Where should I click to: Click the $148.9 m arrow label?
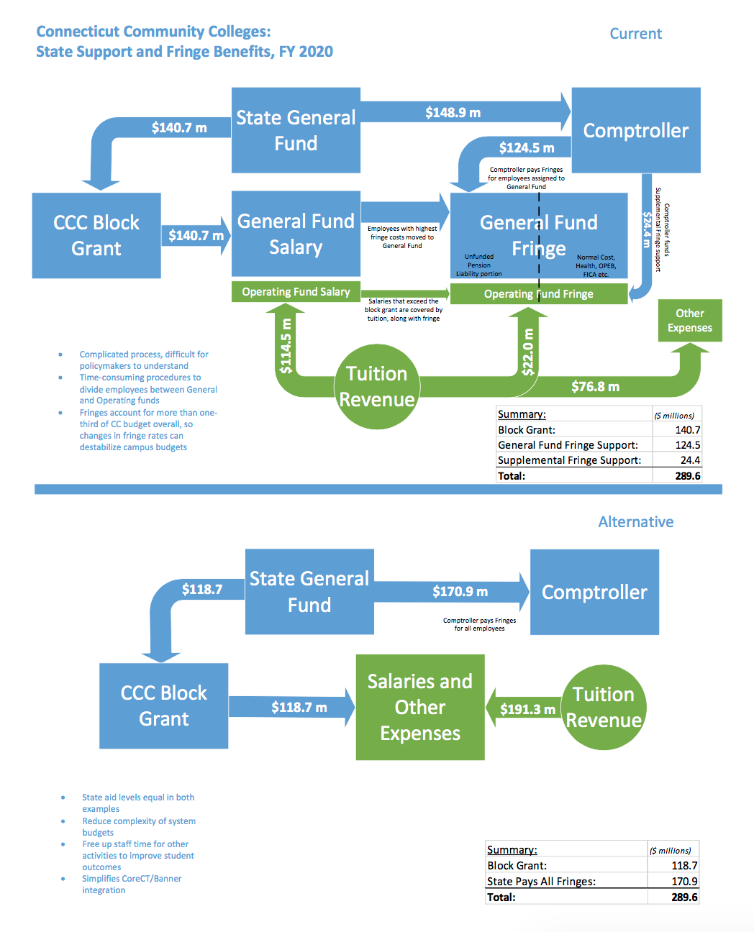coord(453,112)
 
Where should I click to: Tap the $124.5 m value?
coord(527,147)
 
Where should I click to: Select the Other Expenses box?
coord(689,320)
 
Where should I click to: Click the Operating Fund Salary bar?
coord(296,291)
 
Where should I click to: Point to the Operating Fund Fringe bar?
coord(538,293)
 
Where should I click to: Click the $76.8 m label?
coord(595,386)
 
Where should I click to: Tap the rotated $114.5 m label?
coord(286,346)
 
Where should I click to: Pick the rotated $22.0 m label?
coord(528,352)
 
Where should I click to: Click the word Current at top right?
coord(635,34)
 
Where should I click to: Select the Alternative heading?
coord(635,522)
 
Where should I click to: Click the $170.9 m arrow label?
coord(460,591)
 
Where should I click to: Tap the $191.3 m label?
coord(527,709)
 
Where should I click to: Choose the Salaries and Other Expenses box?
coord(420,707)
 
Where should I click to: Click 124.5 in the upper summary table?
coord(687,445)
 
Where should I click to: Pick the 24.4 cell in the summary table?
coord(689,460)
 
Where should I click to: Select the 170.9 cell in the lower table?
coord(684,881)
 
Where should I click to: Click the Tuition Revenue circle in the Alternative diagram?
coord(604,707)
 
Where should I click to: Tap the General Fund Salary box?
coord(296,234)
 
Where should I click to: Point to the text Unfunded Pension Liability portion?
coord(479,265)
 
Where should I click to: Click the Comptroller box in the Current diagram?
coord(635,130)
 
